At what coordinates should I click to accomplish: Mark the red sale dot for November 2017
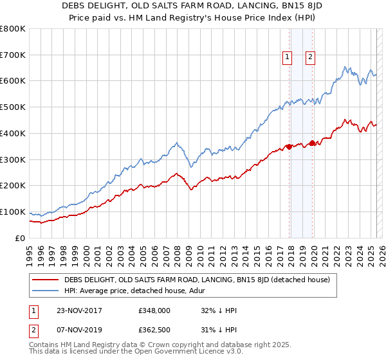[289, 147]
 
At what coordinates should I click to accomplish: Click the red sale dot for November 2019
[312, 143]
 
